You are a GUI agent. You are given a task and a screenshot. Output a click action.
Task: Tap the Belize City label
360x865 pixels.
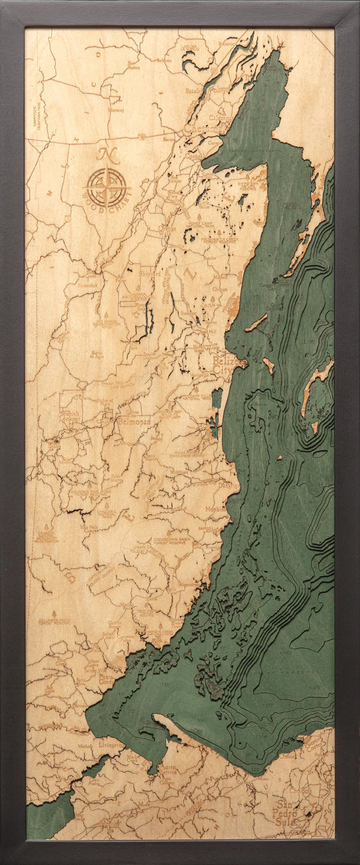tap(224, 366)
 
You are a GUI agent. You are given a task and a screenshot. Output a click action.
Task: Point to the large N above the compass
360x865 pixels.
tap(108, 155)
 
